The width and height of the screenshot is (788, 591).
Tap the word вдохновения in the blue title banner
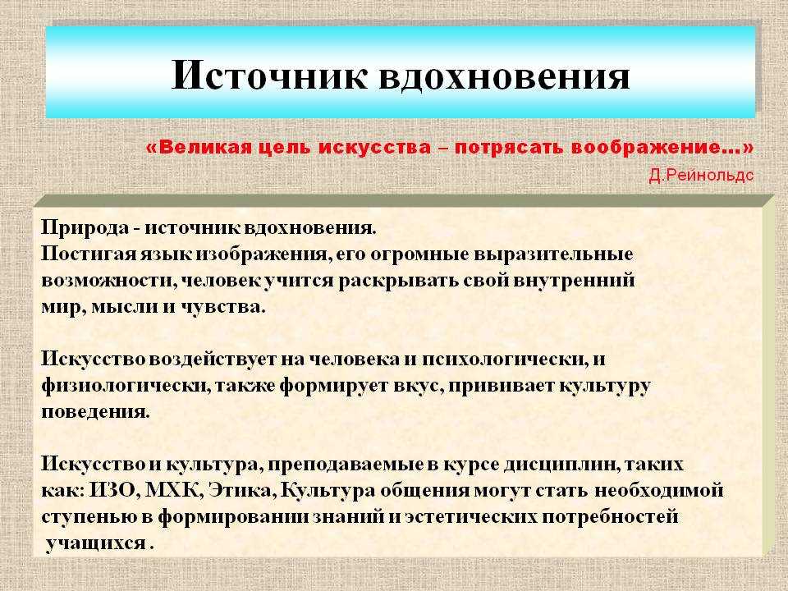[x=503, y=76]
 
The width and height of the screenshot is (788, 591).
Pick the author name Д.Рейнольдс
[x=701, y=175]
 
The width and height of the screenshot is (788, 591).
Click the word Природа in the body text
[x=85, y=227]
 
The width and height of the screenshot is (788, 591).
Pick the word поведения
[x=95, y=412]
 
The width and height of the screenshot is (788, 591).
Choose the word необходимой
[x=659, y=489]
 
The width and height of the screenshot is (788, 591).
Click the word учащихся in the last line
[x=95, y=543]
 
